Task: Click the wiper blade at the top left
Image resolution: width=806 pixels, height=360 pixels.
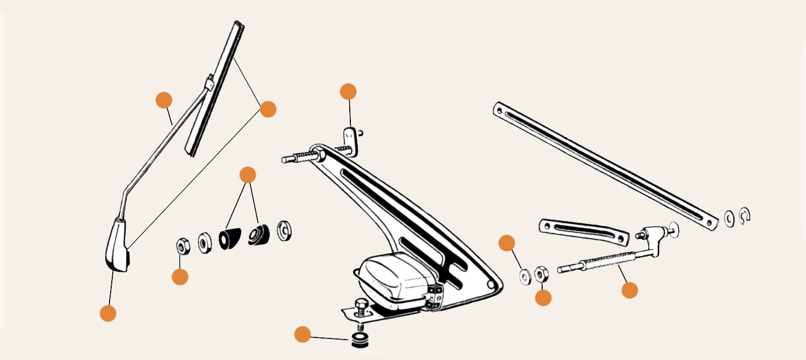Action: point(215,89)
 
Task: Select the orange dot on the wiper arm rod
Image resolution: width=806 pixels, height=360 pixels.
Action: point(163,100)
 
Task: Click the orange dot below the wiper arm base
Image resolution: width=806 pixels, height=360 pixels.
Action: point(108,313)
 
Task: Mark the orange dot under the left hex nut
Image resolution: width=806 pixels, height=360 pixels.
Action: point(180,277)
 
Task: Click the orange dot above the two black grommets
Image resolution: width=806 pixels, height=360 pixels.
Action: point(247,175)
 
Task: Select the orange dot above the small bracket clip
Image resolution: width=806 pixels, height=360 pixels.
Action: point(348,91)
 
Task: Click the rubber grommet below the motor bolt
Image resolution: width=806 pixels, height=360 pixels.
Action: point(358,340)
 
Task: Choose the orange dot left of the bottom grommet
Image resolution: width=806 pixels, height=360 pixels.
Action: point(303,335)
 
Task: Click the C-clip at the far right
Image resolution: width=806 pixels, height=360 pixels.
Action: point(745,215)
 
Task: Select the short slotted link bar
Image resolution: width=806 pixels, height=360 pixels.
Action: point(584,231)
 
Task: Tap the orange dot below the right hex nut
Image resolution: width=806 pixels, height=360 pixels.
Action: point(543,298)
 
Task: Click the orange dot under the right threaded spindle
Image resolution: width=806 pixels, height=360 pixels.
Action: point(630,290)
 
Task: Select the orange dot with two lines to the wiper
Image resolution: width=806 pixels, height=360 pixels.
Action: point(268,109)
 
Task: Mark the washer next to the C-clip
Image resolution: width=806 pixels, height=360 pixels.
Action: point(729,218)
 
